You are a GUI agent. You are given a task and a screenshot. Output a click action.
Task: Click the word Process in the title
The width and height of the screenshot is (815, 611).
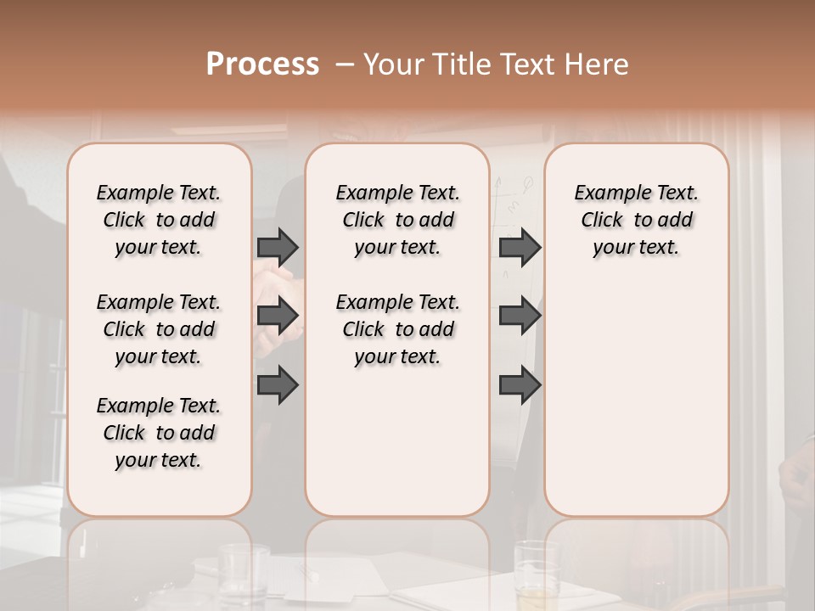pos(262,64)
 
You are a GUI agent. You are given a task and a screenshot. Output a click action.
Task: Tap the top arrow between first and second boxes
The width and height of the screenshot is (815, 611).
pos(278,247)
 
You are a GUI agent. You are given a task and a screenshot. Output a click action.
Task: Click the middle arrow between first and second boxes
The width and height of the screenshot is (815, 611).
pos(278,316)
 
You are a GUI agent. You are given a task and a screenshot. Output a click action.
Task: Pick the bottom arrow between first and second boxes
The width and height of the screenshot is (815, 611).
pos(278,385)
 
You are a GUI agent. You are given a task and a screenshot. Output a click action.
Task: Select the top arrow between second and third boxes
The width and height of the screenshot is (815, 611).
pos(520,247)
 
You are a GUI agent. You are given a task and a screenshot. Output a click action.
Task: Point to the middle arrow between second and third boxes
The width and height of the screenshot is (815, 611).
pos(520,316)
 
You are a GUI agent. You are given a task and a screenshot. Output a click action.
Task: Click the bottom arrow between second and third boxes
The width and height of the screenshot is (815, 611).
pos(520,385)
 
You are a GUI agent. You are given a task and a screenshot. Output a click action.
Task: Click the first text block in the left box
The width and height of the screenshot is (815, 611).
pos(159,220)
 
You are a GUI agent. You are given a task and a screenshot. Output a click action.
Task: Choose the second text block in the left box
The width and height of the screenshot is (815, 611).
pos(159,329)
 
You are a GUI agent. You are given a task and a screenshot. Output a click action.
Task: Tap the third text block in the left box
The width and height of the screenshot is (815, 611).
pos(159,433)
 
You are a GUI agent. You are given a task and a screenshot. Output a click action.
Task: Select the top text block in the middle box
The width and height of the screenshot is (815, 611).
pos(397,220)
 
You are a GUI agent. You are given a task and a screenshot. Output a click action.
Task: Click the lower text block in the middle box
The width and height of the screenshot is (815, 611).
pos(397,329)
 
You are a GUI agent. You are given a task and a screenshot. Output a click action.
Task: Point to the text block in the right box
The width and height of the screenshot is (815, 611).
pos(636,220)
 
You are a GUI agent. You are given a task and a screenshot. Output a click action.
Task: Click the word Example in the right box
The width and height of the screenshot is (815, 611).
pos(606,193)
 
